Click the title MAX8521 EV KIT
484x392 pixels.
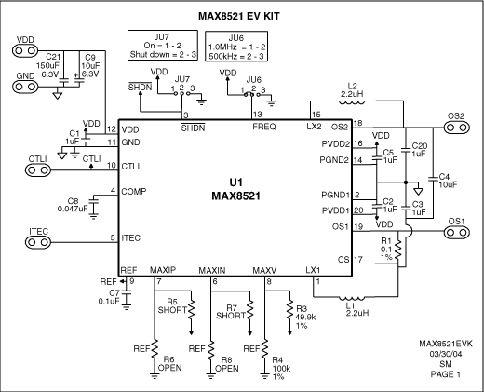(241, 16)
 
